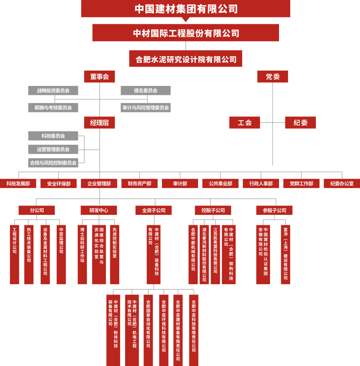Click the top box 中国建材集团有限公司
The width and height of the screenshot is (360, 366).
186,9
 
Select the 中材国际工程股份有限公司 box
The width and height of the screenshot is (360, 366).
186,33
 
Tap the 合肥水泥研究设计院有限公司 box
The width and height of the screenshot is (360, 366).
186,59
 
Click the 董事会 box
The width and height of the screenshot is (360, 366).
99,76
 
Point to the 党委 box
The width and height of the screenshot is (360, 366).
273,76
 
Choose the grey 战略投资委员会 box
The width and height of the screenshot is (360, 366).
53,90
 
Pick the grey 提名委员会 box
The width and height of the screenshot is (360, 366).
146,90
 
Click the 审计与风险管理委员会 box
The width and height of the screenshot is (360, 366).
146,107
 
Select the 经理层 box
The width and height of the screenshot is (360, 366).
99,122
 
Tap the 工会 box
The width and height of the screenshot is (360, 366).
244,122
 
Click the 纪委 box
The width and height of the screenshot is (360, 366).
301,122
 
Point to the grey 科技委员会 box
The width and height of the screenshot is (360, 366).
53,136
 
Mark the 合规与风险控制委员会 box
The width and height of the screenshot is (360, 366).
53,162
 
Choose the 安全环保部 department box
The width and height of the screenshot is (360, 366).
58,183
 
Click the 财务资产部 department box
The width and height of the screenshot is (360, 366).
139,183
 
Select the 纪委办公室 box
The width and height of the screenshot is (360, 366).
342,183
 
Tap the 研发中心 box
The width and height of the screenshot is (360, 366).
99,210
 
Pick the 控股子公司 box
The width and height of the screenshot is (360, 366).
213,210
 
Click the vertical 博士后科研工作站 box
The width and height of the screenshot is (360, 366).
82,254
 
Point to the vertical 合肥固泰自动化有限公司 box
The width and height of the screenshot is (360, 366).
148,330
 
